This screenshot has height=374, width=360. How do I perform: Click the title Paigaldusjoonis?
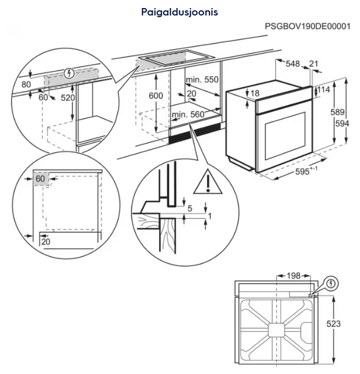tap(180, 11)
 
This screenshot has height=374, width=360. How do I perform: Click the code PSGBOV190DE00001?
tap(307, 27)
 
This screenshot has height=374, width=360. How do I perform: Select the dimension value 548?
tap(293, 64)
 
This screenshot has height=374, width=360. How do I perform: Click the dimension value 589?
tap(338, 112)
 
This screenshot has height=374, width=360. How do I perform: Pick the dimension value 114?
tap(324, 89)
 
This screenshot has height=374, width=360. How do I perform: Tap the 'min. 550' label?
tap(202, 80)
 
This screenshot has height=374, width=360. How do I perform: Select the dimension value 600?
tap(156, 95)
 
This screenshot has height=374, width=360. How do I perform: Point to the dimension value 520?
tap(68, 98)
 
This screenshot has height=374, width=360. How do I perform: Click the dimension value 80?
tap(26, 84)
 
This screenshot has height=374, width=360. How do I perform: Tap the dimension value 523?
tap(333, 324)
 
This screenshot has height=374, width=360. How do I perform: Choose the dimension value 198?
tap(293, 276)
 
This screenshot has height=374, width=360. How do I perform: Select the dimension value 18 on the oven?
tap(255, 93)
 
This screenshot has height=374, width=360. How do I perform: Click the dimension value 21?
tap(313, 64)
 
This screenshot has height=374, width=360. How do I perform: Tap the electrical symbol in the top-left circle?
tap(69, 73)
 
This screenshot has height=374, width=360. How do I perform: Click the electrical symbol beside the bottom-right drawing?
tap(331, 283)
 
